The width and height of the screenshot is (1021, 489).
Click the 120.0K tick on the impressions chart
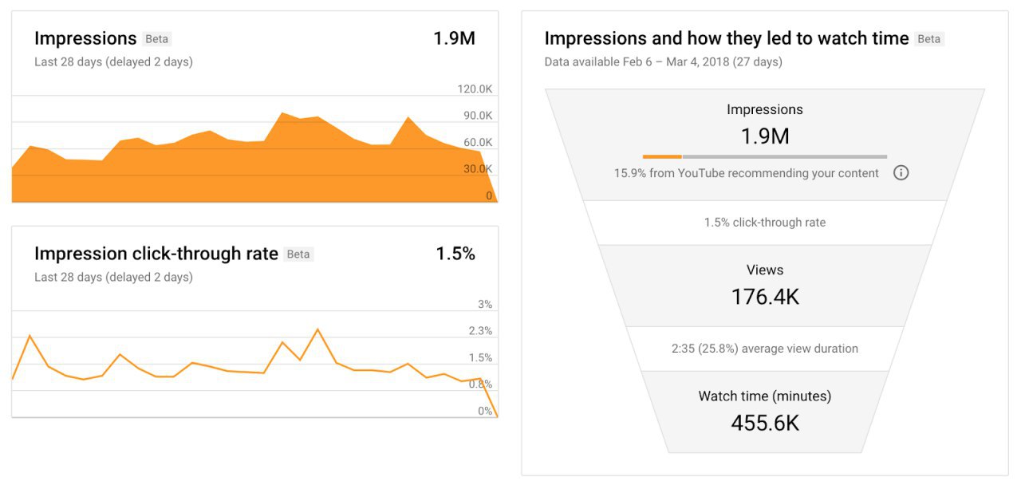[x=475, y=89]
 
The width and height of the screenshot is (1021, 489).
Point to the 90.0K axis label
[x=478, y=116]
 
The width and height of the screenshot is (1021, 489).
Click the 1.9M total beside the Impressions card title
[x=454, y=38]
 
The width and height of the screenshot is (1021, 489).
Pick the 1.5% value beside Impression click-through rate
[x=455, y=254]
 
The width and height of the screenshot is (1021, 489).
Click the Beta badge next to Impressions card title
[x=157, y=39]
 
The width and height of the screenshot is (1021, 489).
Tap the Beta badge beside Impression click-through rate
[x=298, y=254]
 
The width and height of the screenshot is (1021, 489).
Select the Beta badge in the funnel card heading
[x=928, y=39]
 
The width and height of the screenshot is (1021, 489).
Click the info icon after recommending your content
[x=901, y=173]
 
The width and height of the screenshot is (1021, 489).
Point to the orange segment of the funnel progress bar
[x=662, y=156]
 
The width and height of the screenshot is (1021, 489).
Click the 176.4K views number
[x=765, y=297]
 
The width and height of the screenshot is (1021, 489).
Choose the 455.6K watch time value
[x=765, y=423]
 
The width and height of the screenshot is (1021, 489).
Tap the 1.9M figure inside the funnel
[x=765, y=136]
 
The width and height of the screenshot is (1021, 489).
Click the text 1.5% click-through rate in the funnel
[x=765, y=223]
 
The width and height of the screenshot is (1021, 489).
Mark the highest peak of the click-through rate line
[x=317, y=329]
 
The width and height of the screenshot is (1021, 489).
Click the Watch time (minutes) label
[x=765, y=396]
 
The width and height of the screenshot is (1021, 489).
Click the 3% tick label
[x=485, y=305]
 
